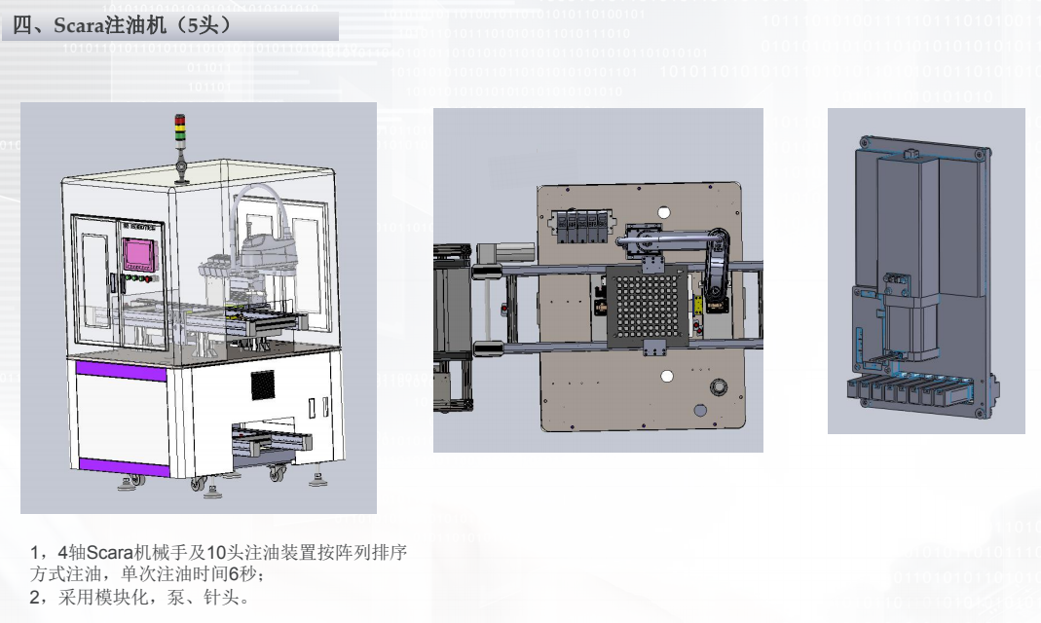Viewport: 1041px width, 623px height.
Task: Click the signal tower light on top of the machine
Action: tap(180, 128)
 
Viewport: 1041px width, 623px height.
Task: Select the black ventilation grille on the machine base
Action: tap(262, 385)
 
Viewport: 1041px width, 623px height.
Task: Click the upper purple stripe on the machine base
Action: tap(121, 370)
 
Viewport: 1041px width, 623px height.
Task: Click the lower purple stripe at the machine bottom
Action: tap(124, 466)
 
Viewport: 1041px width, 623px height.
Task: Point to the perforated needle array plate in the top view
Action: tap(648, 306)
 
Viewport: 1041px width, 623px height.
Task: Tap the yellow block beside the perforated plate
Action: tap(698, 305)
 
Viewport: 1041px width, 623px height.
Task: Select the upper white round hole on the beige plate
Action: tap(663, 213)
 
